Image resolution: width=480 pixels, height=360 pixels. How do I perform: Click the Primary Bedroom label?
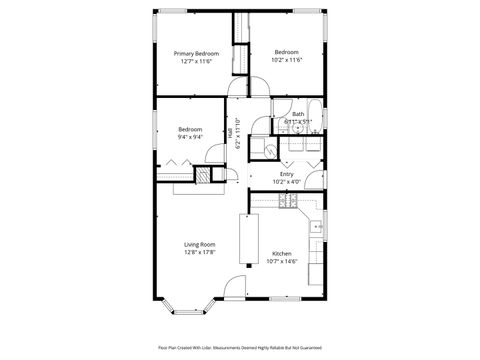tap(196, 53)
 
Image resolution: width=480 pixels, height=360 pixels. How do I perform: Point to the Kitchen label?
tap(282, 254)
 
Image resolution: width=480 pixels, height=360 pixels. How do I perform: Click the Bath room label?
tap(298, 114)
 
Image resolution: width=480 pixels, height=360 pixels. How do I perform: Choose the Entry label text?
tap(287, 174)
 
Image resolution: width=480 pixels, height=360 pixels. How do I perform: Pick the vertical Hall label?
tap(230, 130)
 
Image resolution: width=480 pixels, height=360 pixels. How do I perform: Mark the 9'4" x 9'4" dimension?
tap(190, 137)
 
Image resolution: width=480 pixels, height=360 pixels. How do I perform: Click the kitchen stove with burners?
tap(288, 202)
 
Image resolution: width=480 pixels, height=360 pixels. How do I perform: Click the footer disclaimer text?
tap(240, 347)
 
